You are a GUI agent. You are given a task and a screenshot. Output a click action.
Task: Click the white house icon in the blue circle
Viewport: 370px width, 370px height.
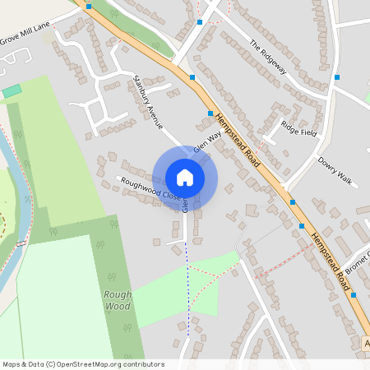click(x=185, y=178)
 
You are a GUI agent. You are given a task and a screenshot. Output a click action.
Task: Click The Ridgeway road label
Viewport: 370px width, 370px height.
click(x=268, y=58)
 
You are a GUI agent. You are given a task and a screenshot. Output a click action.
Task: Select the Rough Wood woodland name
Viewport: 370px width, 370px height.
click(x=118, y=300)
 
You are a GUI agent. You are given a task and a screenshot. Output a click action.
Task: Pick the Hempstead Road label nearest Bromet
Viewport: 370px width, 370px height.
click(x=330, y=258)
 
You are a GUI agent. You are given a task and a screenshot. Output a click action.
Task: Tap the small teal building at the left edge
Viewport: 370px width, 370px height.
click(x=12, y=91)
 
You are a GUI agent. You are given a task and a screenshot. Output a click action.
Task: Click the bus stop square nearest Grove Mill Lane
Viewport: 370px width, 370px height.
click(x=89, y=6)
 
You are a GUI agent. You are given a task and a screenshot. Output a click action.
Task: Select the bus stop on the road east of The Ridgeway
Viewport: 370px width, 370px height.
click(x=336, y=77)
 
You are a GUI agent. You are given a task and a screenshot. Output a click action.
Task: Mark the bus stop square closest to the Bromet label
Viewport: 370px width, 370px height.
click(x=354, y=294)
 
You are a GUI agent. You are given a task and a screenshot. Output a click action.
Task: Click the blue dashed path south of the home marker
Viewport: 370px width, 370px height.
click(x=187, y=288)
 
